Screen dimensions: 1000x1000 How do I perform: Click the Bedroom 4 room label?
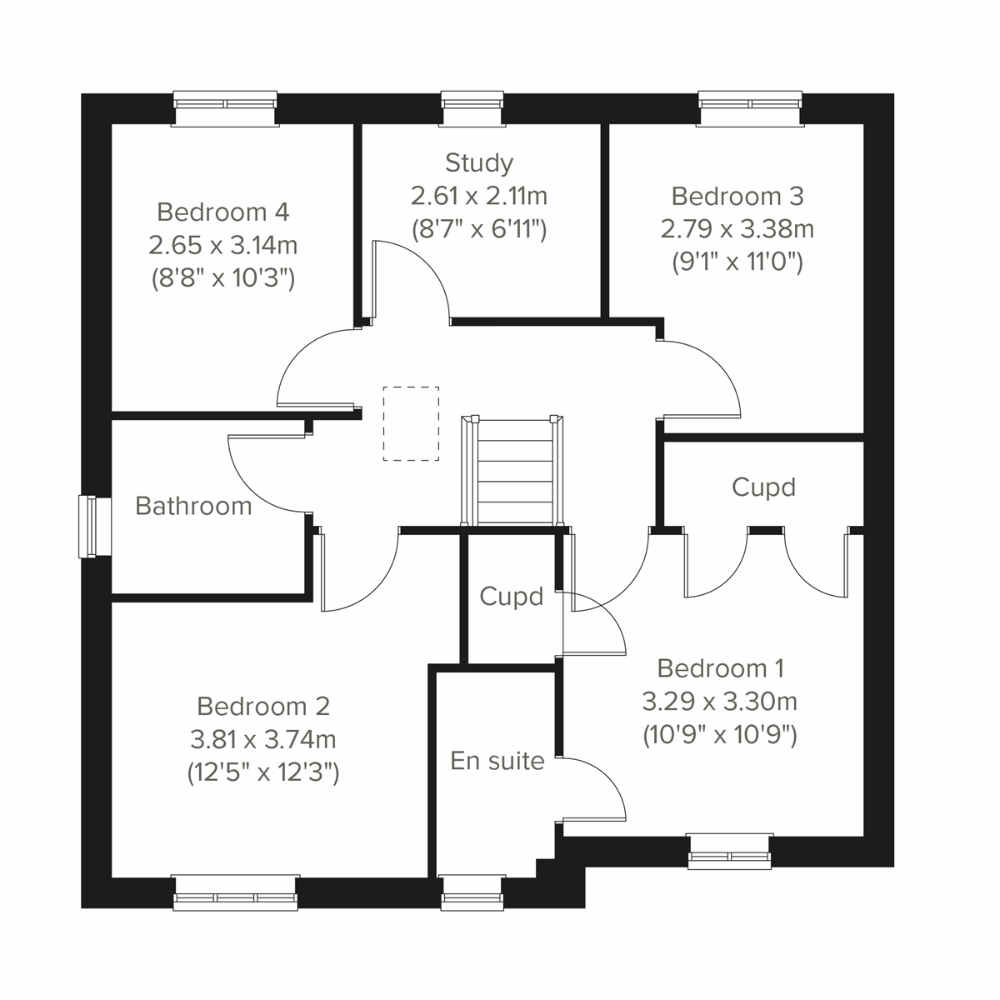(222, 212)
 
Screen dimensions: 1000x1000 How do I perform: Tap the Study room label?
(478, 162)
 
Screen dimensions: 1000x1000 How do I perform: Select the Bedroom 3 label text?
(737, 196)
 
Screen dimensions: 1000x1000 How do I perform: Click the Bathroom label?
(193, 506)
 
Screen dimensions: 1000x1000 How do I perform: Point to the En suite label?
(497, 761)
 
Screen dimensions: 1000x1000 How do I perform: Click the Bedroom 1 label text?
(720, 668)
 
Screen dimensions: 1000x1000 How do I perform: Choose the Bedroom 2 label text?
(263, 707)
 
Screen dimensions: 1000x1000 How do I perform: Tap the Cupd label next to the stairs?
(512, 597)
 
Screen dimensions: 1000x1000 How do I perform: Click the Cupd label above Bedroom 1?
(763, 487)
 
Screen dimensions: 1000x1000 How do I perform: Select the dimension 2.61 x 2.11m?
(478, 196)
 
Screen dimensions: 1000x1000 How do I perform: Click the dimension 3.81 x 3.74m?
(263, 739)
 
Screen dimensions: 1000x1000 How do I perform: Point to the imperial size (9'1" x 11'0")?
(737, 262)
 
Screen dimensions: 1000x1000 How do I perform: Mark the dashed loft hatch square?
(411, 423)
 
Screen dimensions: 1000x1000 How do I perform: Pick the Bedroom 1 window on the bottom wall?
(729, 850)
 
